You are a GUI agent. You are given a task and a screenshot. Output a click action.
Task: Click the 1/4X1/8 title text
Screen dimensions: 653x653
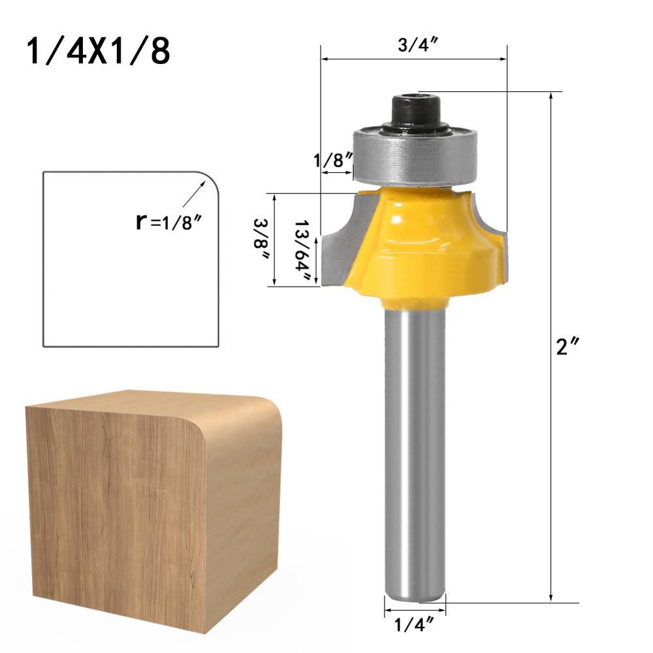pyautogui.click(x=99, y=52)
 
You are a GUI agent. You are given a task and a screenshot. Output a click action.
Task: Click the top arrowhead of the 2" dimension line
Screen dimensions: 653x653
pyautogui.click(x=552, y=97)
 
